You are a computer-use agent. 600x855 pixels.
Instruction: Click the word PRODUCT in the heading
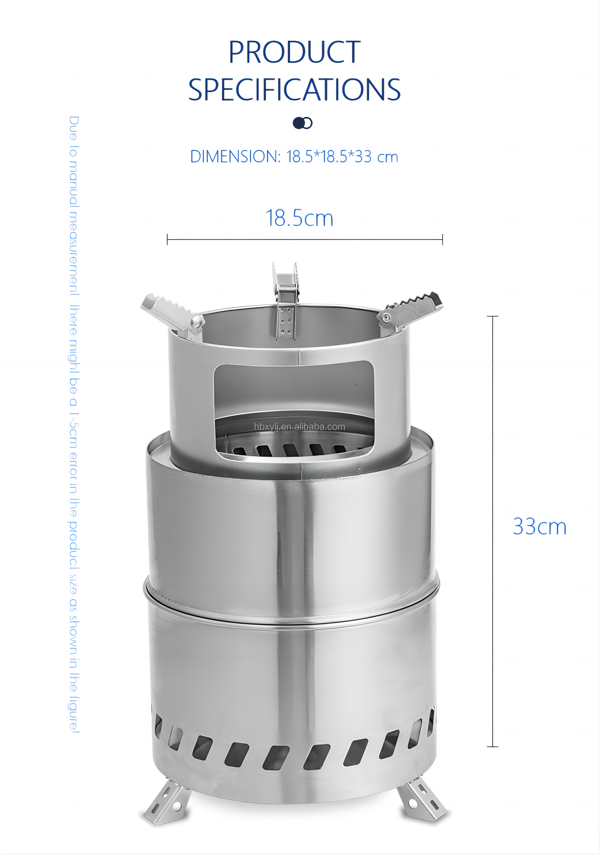point(294,52)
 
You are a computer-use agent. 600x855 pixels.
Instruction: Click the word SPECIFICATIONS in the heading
point(294,90)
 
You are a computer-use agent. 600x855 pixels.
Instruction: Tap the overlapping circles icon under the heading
point(302,123)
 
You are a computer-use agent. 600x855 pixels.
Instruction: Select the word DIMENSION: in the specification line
point(235,157)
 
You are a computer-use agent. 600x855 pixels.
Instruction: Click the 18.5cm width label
point(299,218)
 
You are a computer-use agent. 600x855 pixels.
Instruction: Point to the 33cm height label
point(540,527)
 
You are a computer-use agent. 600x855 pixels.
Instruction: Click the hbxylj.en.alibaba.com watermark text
point(300,427)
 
